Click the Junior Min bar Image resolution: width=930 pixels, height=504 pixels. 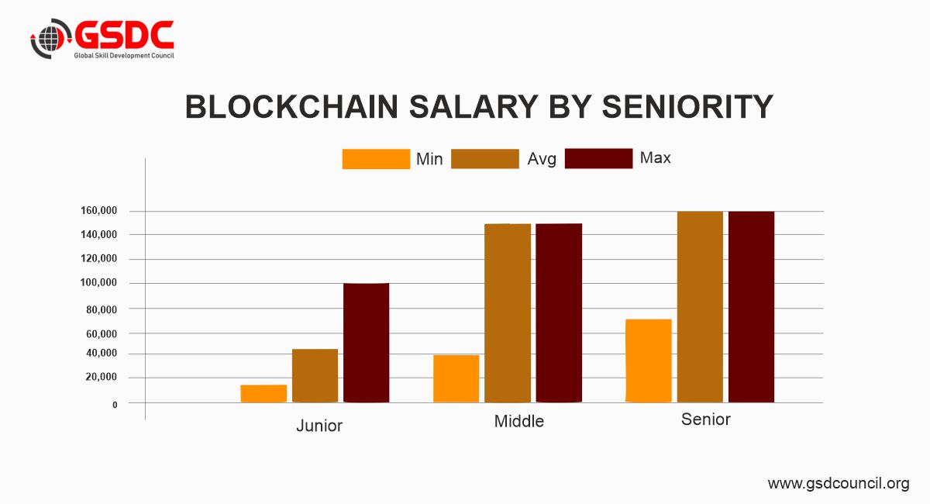click(263, 394)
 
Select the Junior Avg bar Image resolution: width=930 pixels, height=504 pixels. click(315, 376)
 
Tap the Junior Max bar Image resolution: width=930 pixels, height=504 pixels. click(366, 343)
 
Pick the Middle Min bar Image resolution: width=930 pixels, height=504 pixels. click(456, 379)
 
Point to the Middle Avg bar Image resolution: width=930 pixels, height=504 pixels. click(508, 313)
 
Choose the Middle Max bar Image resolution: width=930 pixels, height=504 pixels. click(559, 313)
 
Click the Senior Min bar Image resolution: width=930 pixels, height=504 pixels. click(649, 361)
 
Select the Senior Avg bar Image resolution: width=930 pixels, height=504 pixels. click(700, 307)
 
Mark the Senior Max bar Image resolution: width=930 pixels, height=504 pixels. click(751, 307)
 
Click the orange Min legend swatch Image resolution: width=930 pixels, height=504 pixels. click(376, 159)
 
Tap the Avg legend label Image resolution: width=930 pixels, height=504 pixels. click(542, 159)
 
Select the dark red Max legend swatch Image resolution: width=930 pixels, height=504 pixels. click(598, 158)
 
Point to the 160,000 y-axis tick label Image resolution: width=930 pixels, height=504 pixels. click(98, 211)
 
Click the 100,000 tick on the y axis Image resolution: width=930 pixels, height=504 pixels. click(98, 283)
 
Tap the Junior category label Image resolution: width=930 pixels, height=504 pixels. click(319, 426)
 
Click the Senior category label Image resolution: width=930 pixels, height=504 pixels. click(705, 419)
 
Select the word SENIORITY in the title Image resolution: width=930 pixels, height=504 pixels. click(687, 107)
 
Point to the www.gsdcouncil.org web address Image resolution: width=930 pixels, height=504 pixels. click(838, 484)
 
